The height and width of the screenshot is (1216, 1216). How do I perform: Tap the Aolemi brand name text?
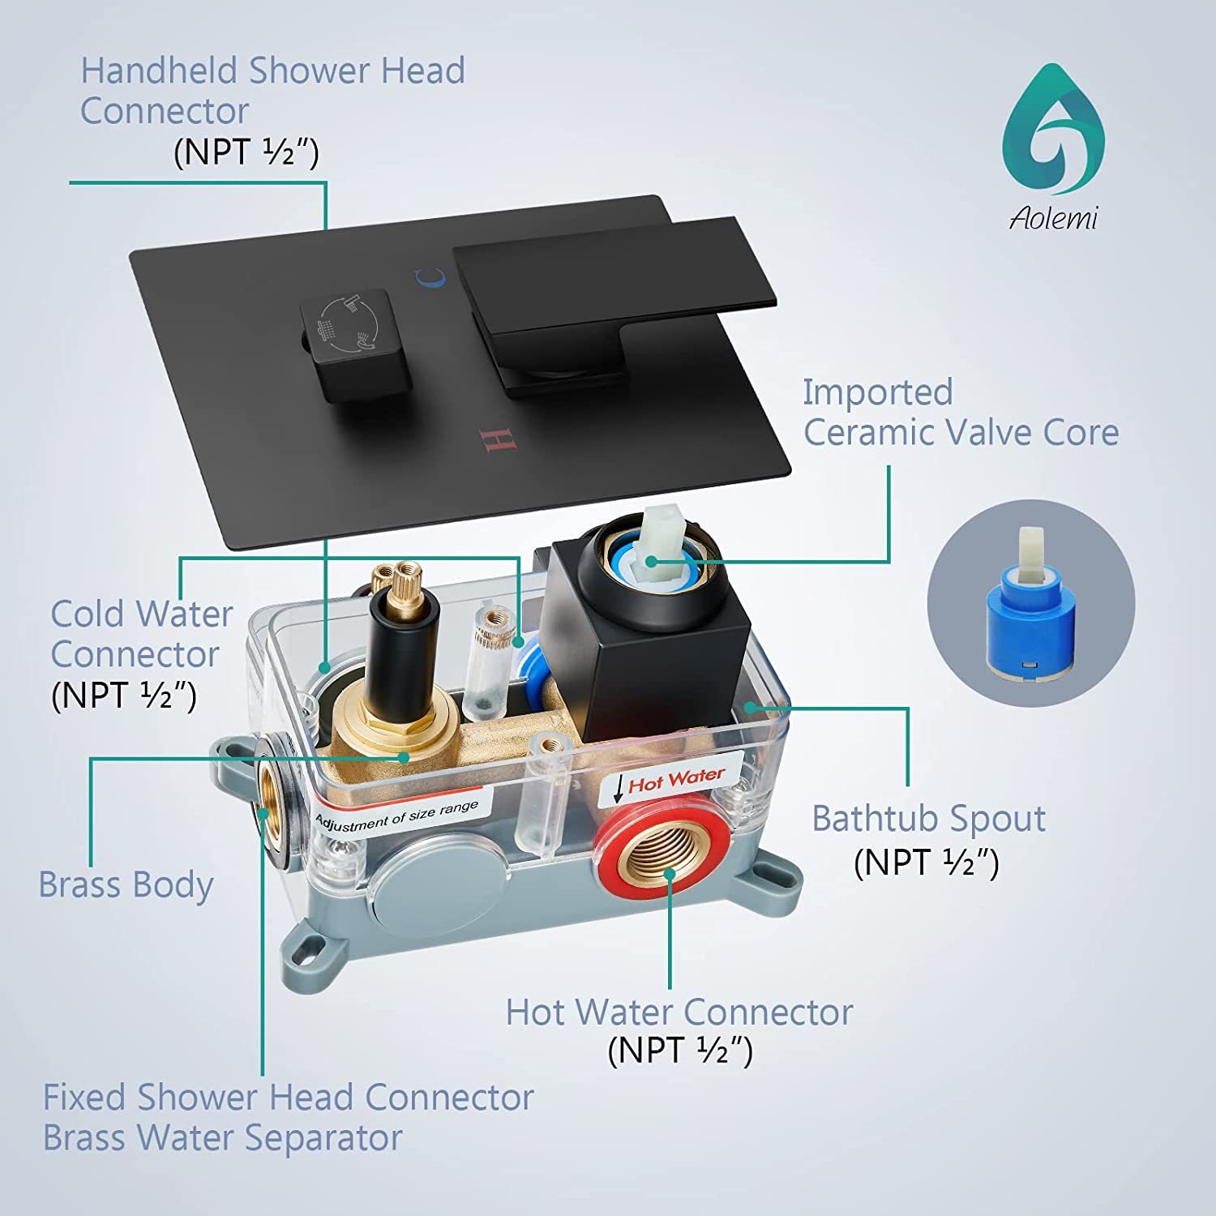click(1053, 218)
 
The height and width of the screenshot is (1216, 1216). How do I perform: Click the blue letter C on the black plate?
click(430, 278)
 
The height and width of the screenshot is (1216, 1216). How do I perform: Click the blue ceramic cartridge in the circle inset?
click(1030, 606)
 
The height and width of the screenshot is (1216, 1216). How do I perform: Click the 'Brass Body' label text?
click(126, 884)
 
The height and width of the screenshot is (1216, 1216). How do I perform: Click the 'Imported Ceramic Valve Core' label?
click(961, 412)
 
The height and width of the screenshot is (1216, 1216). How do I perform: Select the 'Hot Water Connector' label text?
click(679, 1012)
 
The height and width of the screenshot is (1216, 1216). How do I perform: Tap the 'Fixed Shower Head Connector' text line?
click(289, 1098)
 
